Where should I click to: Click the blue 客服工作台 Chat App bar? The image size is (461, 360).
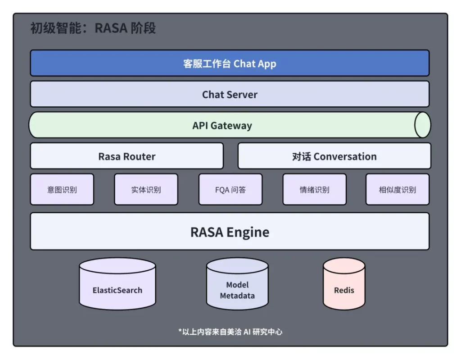click(x=230, y=63)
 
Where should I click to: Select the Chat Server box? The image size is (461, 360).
click(x=230, y=94)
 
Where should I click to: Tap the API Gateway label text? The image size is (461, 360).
click(x=222, y=126)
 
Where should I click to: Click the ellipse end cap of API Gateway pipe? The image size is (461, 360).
click(x=422, y=125)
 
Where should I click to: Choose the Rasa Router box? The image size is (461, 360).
click(x=127, y=156)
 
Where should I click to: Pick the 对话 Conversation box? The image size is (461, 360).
click(x=334, y=156)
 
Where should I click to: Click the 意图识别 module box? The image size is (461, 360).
click(x=62, y=189)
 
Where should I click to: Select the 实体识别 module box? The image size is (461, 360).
click(x=146, y=189)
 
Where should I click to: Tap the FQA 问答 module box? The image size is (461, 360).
click(x=230, y=189)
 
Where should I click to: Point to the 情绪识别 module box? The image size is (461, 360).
click(x=315, y=189)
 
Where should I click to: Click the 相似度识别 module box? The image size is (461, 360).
click(x=398, y=189)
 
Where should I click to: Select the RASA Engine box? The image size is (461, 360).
click(x=230, y=232)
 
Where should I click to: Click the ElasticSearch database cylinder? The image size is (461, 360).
click(x=118, y=284)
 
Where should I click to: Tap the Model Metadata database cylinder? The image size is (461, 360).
click(x=237, y=284)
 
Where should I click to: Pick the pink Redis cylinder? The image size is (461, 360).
click(x=344, y=284)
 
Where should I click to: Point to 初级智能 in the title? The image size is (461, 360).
click(x=56, y=28)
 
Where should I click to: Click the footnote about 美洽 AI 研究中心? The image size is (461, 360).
click(x=230, y=332)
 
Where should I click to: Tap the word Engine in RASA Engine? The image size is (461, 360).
click(x=248, y=232)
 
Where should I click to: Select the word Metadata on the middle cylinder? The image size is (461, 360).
click(x=237, y=296)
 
